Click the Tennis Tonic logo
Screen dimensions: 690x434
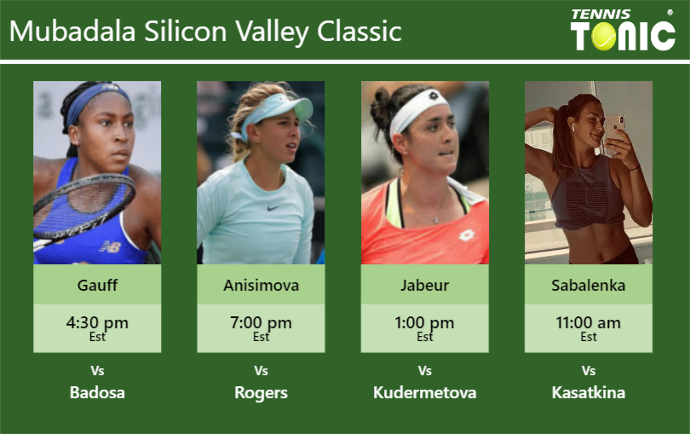click(x=623, y=30)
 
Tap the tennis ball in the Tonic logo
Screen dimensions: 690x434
click(x=604, y=36)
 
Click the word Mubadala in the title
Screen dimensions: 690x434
click(x=72, y=31)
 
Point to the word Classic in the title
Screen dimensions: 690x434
click(x=359, y=31)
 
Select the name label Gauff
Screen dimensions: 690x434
click(x=97, y=285)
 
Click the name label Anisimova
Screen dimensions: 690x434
click(x=261, y=285)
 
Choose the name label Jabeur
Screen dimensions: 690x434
click(x=425, y=285)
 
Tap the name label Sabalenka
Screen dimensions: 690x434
click(x=589, y=285)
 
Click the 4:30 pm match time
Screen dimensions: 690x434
click(x=97, y=323)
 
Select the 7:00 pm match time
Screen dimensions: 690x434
click(x=261, y=323)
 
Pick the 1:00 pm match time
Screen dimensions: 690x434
click(x=425, y=323)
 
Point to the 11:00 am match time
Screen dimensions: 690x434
click(x=589, y=323)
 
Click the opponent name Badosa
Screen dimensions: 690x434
click(x=97, y=392)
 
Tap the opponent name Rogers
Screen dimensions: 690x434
click(x=261, y=392)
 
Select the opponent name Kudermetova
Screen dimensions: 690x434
click(x=425, y=392)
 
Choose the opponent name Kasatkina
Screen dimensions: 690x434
click(x=589, y=392)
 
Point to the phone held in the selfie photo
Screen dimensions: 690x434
click(x=614, y=133)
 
